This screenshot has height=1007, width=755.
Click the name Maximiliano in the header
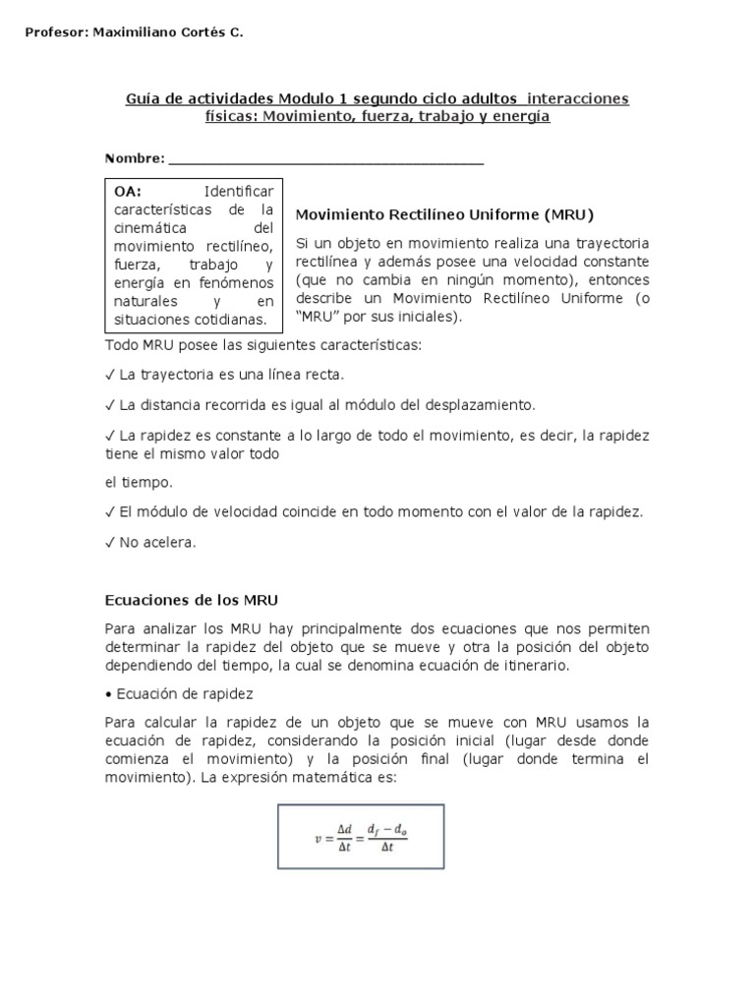[x=131, y=32]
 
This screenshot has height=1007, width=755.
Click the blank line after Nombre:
[x=325, y=160]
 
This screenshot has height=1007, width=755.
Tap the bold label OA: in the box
[x=128, y=191]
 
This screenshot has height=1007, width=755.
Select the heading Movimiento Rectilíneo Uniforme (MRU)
[x=445, y=213]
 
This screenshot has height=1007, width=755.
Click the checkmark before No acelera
[x=109, y=542]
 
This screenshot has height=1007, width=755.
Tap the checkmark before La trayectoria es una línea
[x=109, y=375]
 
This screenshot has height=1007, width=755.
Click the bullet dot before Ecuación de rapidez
[x=108, y=694]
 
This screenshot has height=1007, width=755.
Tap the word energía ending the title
[x=525, y=117]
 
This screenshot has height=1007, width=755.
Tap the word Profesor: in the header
[x=55, y=32]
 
